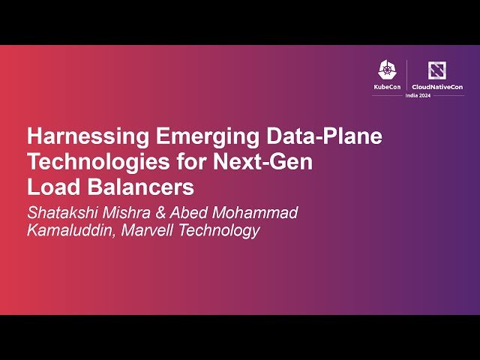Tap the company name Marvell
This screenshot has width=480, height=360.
[145, 231]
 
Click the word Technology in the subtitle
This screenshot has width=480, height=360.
[217, 231]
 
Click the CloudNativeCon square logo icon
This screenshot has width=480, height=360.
[436, 70]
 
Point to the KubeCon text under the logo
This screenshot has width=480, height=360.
[387, 87]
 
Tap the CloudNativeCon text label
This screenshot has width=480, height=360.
[436, 87]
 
